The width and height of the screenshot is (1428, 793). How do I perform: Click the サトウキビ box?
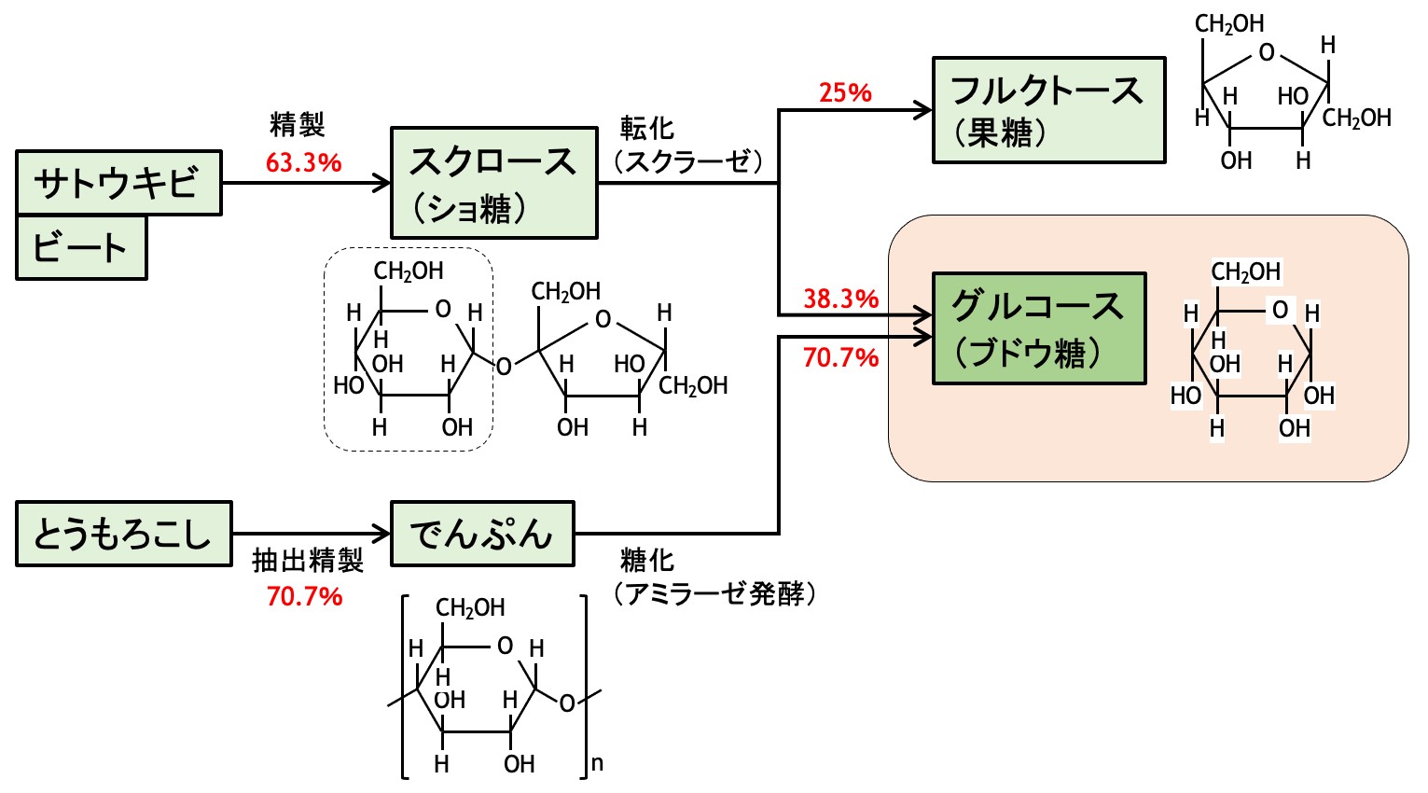[118, 183]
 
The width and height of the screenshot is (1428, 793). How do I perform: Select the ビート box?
[81, 247]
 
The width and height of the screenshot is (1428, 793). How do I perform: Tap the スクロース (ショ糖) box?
[494, 183]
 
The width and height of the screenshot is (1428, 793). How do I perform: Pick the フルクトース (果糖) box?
[1048, 110]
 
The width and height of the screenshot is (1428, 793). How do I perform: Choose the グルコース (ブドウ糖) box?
[1039, 328]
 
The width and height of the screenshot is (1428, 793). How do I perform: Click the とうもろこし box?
[124, 534]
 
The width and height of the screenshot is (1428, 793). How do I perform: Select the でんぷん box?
[482, 534]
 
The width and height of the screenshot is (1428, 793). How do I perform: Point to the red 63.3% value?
[303, 163]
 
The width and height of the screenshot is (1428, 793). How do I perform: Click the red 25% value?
[845, 93]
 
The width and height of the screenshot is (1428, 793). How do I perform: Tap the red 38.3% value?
[841, 299]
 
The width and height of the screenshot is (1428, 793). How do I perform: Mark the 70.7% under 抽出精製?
[305, 597]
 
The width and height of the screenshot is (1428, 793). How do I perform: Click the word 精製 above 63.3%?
[298, 124]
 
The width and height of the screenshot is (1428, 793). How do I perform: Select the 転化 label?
[647, 129]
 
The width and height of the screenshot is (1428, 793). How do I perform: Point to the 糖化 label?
[647, 561]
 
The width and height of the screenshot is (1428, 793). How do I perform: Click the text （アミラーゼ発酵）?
[714, 594]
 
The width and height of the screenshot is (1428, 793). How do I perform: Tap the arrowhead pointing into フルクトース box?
[923, 110]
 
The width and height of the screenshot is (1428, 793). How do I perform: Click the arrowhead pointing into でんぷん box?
[381, 534]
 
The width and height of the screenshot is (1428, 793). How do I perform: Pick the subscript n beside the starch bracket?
[597, 764]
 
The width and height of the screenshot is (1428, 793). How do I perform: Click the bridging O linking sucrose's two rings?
[504, 367]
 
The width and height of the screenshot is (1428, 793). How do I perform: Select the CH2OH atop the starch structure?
[470, 608]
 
